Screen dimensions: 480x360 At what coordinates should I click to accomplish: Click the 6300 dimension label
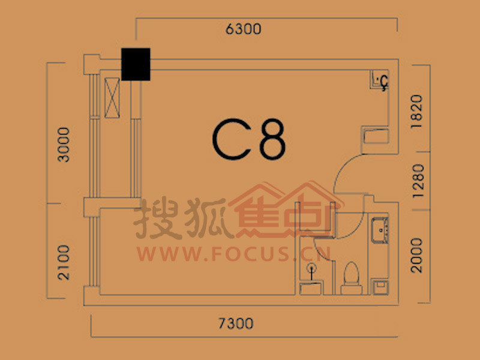[x=244, y=29]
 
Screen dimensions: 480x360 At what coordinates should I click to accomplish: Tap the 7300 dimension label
[x=236, y=323]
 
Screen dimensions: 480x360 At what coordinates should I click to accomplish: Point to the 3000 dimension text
[x=64, y=145]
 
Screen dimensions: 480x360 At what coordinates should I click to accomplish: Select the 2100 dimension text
[x=64, y=262]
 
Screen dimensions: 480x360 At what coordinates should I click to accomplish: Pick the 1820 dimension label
[x=416, y=112]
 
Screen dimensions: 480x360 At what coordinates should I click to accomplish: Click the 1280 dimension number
[x=418, y=181]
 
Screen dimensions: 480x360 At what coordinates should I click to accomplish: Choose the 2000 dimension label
[x=416, y=256]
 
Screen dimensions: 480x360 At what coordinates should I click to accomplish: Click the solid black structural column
[x=136, y=64]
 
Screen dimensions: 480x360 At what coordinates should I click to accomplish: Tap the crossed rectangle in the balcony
[x=112, y=98]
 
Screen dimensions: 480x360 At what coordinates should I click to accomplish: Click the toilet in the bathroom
[x=352, y=278]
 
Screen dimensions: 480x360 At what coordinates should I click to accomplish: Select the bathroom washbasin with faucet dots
[x=380, y=230]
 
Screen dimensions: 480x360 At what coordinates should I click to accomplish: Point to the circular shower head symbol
[x=311, y=268]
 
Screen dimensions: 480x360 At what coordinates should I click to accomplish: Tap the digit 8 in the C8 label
[x=273, y=140]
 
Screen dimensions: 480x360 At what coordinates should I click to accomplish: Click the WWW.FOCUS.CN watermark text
[x=233, y=254]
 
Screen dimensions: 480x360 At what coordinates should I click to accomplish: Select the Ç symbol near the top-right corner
[x=384, y=83]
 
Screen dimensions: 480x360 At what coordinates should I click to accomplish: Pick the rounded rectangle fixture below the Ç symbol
[x=376, y=136]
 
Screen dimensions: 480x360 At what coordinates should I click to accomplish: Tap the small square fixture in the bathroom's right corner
[x=380, y=287]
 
